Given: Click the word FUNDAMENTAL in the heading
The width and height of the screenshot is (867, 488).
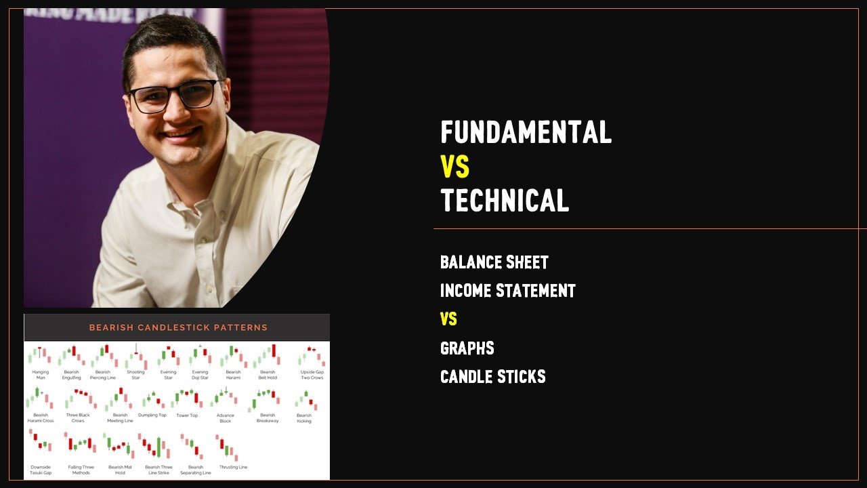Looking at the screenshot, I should pyautogui.click(x=526, y=132).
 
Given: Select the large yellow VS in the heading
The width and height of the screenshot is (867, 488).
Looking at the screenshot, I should pyautogui.click(x=454, y=167).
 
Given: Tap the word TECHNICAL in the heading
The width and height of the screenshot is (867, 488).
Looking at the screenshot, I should pyautogui.click(x=505, y=201).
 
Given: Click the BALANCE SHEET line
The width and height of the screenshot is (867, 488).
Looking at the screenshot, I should pyautogui.click(x=494, y=262).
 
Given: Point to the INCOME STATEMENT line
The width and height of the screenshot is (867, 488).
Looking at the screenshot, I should pyautogui.click(x=507, y=291).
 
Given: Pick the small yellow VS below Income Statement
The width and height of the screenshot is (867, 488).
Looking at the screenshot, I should pyautogui.click(x=448, y=319).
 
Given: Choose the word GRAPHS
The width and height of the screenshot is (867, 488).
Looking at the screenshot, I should pyautogui.click(x=467, y=348).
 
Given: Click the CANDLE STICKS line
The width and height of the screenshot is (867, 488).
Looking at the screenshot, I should pyautogui.click(x=492, y=377).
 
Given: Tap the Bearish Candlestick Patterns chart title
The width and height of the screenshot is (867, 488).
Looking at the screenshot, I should pyautogui.click(x=178, y=327).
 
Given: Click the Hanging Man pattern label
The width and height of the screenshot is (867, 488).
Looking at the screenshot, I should pyautogui.click(x=41, y=375).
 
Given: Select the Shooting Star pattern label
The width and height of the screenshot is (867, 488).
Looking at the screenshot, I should pyautogui.click(x=135, y=375).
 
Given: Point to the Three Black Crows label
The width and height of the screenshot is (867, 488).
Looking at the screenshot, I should pyautogui.click(x=78, y=418).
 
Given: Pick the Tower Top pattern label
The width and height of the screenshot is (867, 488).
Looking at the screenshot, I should pyautogui.click(x=187, y=415).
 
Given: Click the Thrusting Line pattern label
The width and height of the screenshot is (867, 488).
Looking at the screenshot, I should pyautogui.click(x=234, y=467).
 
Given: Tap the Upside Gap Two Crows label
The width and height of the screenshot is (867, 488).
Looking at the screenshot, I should pyautogui.click(x=312, y=375).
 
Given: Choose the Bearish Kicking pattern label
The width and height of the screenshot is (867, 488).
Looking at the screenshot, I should pyautogui.click(x=304, y=418).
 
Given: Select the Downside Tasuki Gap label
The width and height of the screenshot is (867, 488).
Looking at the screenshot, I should pyautogui.click(x=41, y=470).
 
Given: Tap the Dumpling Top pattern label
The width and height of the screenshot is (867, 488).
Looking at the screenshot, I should pyautogui.click(x=152, y=415).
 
